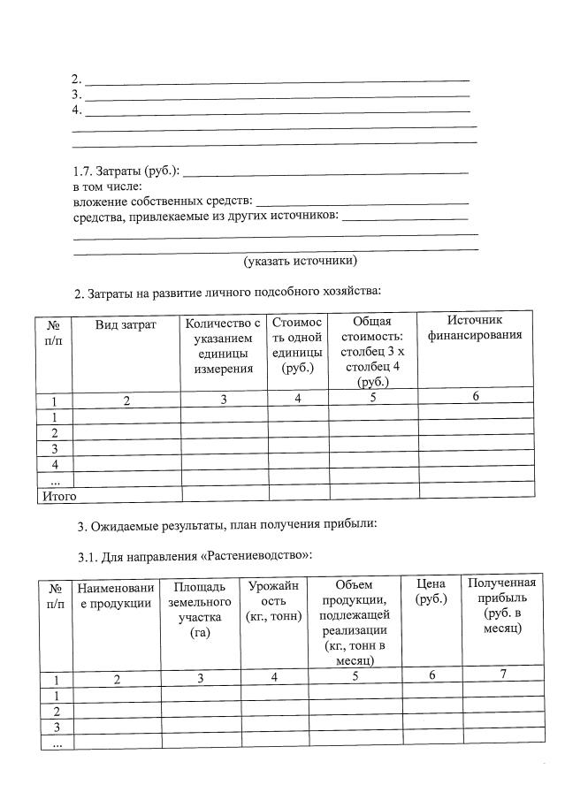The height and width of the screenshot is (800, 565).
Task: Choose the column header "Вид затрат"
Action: click(x=126, y=324)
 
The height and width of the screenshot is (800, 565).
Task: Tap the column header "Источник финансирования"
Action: click(x=475, y=327)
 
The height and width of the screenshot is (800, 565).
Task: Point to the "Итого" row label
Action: click(x=58, y=496)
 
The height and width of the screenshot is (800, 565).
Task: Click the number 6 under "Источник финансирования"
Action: click(x=475, y=397)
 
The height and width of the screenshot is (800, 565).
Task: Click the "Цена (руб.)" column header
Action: click(x=431, y=591)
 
